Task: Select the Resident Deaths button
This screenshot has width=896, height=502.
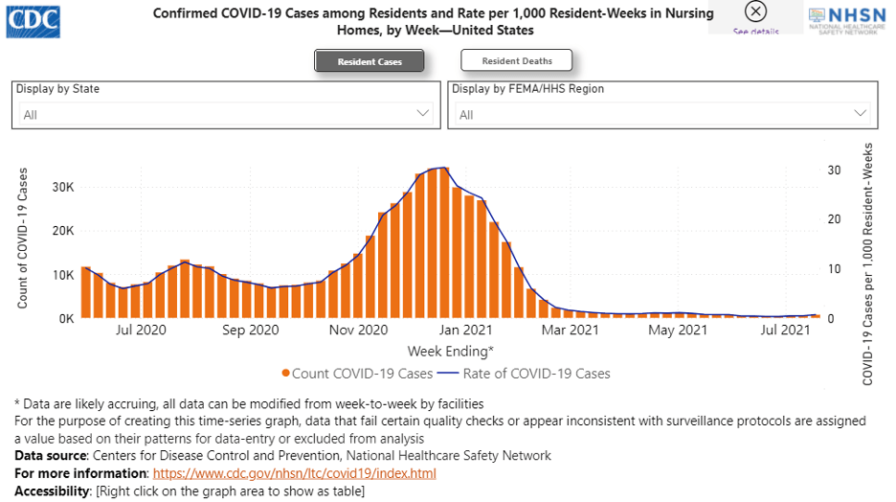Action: tap(516, 61)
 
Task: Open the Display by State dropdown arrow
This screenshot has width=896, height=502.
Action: tap(423, 113)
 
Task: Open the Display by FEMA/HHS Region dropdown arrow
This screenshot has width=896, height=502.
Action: tap(861, 113)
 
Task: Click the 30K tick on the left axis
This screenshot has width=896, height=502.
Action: tap(63, 187)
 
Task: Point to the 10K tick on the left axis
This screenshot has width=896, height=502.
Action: tap(63, 275)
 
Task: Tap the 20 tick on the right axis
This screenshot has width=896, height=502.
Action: tap(834, 219)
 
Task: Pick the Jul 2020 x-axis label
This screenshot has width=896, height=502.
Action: tap(141, 331)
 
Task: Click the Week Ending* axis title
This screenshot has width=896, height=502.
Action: tap(451, 352)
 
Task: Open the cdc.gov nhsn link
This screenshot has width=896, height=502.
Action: tap(294, 473)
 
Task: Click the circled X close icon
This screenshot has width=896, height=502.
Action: tap(755, 11)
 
